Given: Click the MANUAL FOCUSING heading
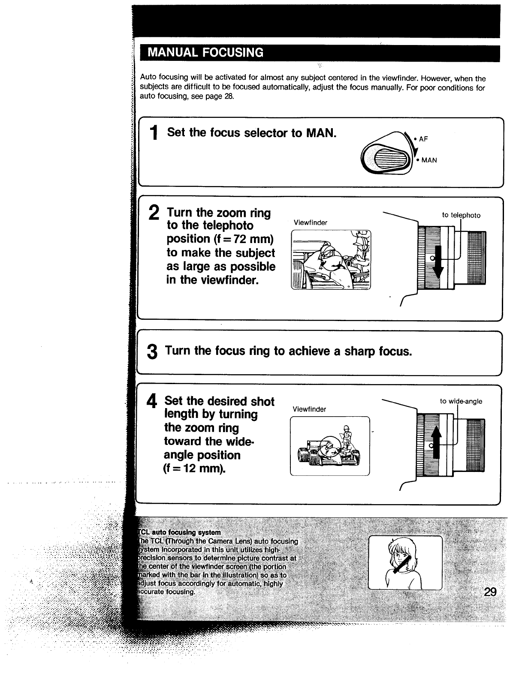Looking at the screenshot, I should tap(205, 53).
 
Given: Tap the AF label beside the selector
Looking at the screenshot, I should tap(423, 139).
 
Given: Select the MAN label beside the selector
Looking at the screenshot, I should tap(429, 160).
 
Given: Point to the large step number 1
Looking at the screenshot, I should tap(154, 133).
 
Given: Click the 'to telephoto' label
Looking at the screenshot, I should tap(461, 215).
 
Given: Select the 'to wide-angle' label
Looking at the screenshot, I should tap(461, 401).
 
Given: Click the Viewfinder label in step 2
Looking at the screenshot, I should tap(310, 222).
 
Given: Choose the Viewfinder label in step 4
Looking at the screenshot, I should tap(309, 409).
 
